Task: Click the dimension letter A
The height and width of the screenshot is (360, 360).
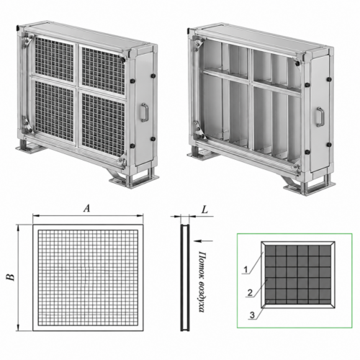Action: (86, 209)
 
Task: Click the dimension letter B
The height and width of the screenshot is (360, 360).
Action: (10, 277)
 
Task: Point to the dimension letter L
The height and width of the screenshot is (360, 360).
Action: (204, 210)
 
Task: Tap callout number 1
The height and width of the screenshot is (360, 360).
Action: (246, 270)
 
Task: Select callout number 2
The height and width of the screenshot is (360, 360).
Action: (250, 293)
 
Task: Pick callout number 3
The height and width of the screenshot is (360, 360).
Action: (252, 315)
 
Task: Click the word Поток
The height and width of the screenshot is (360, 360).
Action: (202, 264)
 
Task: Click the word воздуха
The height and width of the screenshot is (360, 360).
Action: (202, 296)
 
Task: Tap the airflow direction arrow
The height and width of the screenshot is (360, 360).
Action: (203, 240)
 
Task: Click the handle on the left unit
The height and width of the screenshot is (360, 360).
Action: (144, 112)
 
